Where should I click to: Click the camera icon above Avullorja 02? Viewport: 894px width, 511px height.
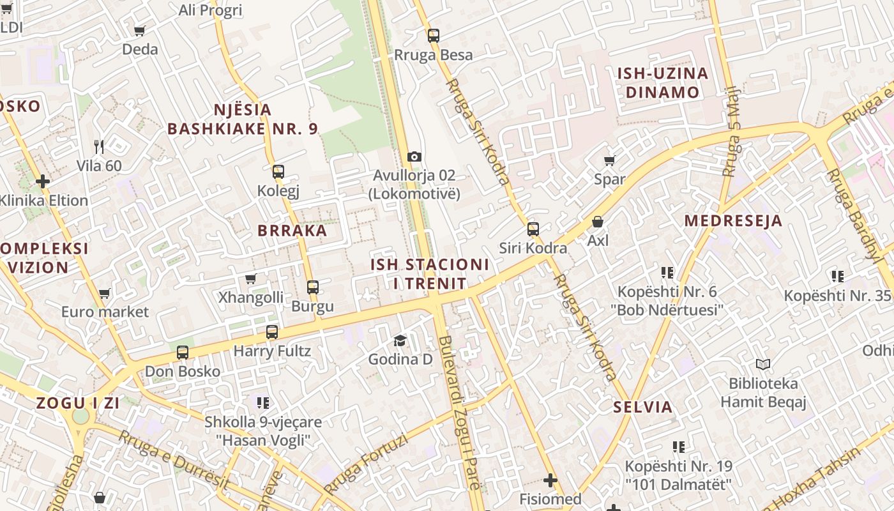(x=414, y=156)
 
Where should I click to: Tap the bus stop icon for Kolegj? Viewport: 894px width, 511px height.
(x=278, y=171)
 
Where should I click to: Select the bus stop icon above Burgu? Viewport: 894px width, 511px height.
(x=312, y=287)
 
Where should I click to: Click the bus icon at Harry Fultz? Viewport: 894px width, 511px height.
(x=272, y=332)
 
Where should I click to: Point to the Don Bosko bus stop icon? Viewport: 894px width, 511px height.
(x=183, y=353)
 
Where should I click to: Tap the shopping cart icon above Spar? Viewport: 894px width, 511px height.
(x=609, y=160)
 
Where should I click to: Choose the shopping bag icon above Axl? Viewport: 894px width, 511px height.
(x=598, y=222)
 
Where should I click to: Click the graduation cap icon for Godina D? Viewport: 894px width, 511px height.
(x=400, y=340)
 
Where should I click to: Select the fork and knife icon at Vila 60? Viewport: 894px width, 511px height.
(x=99, y=147)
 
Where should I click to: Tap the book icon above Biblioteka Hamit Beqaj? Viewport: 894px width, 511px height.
(x=763, y=365)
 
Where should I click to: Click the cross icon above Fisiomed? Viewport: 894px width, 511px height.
(x=550, y=480)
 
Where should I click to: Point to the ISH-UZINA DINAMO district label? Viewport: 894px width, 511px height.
(x=663, y=82)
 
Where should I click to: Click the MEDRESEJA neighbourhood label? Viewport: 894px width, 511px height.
(x=733, y=221)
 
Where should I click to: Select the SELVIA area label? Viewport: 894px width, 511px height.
(x=643, y=407)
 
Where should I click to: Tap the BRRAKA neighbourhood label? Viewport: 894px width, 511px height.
(x=292, y=231)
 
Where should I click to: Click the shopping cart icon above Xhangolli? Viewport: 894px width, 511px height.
(x=251, y=278)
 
